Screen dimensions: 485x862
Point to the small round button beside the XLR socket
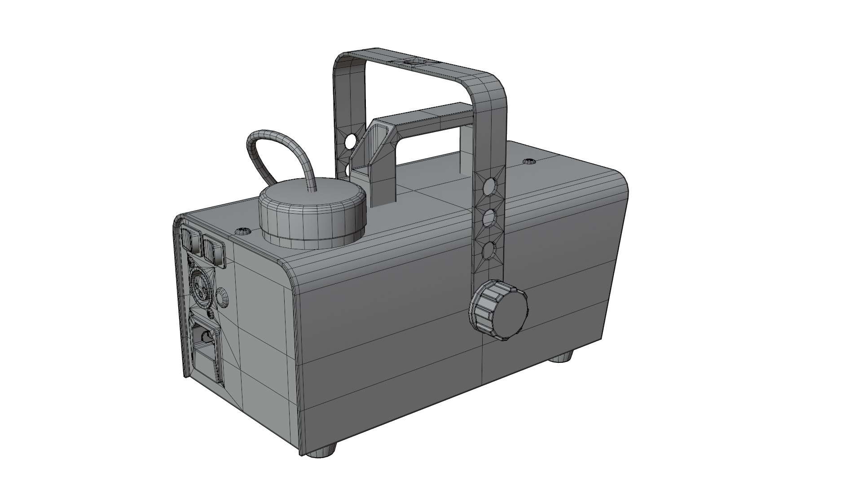222,298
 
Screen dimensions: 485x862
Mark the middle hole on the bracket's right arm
489,219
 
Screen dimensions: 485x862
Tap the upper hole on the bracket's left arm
350,143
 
